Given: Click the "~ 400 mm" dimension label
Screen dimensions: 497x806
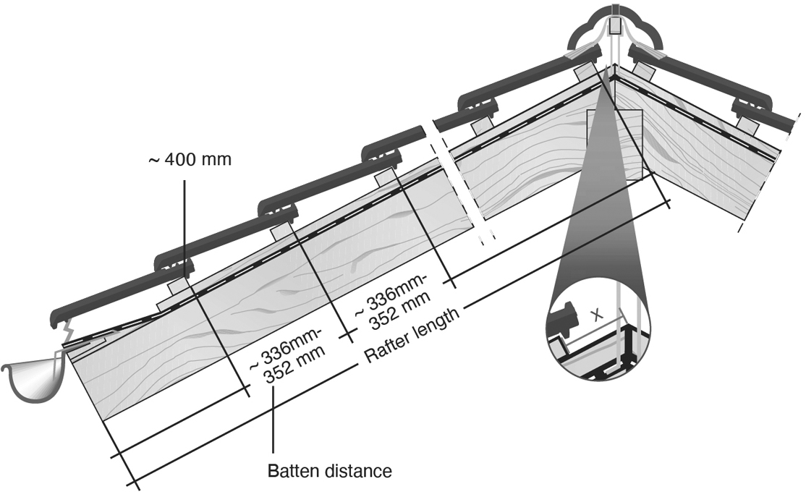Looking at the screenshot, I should pos(190,159).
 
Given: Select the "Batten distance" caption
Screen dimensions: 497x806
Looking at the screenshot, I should pos(330,472).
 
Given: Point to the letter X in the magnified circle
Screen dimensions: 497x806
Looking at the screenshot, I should pos(597,315).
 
